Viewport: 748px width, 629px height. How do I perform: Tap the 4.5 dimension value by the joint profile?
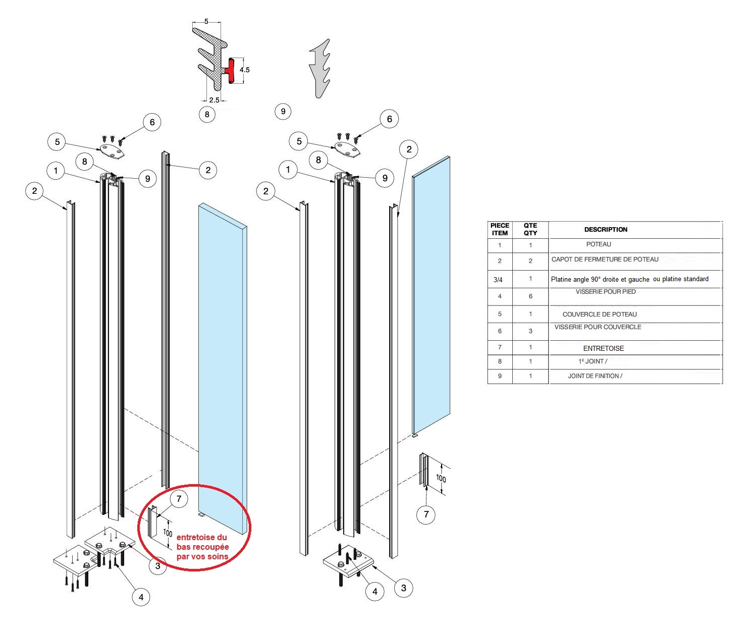point(245,70)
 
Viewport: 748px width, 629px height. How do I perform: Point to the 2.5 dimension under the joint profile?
point(214,100)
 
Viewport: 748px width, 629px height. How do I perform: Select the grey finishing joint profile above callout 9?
point(319,69)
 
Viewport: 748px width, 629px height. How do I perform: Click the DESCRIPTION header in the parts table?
point(606,229)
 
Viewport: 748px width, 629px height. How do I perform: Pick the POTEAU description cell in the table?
point(599,244)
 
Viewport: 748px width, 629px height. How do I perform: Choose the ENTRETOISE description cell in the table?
point(604,348)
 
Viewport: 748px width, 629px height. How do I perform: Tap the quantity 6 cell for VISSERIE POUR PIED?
point(530,296)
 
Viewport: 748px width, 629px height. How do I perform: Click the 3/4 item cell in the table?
point(498,280)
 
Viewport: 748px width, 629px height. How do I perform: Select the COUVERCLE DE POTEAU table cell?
point(600,314)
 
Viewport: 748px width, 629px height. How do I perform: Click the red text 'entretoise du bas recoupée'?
point(202,542)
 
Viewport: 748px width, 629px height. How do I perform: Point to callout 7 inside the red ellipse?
point(179,499)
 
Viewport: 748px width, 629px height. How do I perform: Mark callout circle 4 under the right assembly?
point(375,591)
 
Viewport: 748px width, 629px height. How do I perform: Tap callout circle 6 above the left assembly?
point(152,122)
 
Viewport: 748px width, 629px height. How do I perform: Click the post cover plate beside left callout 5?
point(112,151)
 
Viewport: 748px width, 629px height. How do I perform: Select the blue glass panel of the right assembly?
point(432,295)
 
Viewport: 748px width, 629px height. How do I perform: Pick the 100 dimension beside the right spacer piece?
point(441,479)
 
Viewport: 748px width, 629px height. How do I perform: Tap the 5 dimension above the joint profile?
point(206,22)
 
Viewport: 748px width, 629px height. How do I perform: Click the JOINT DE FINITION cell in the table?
point(595,376)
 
